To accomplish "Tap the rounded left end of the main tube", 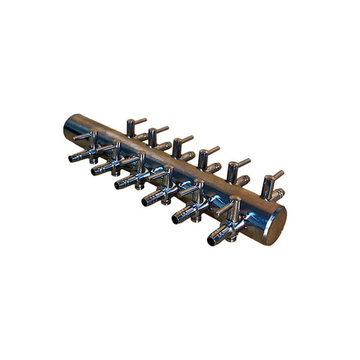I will [70, 126].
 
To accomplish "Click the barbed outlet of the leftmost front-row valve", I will [74, 158].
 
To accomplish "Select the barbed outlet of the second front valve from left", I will [97, 170].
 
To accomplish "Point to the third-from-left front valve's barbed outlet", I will [120, 184].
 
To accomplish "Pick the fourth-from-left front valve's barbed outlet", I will [147, 200].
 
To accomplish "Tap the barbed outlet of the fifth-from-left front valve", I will [177, 217].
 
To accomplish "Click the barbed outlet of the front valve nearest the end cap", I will [213, 238].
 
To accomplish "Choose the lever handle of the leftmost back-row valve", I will [140, 121].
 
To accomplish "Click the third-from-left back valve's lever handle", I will [186, 139].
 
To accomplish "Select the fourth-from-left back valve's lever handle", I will [212, 149].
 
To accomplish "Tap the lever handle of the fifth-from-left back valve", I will [241, 162].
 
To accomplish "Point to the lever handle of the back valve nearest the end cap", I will [276, 175].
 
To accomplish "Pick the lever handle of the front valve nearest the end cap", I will [224, 207].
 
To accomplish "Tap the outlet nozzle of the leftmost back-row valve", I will [140, 136].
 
